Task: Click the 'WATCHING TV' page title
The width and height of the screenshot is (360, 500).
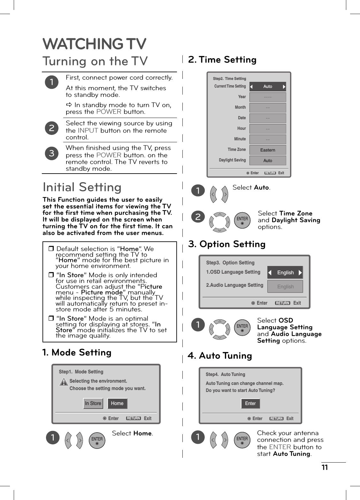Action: click(x=94, y=44)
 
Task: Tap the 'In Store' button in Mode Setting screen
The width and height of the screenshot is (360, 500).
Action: click(x=93, y=403)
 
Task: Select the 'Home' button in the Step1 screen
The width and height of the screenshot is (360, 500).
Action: click(x=117, y=403)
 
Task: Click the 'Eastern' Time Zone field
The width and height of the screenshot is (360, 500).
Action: click(x=267, y=150)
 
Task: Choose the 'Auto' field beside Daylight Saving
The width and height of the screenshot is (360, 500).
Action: click(x=267, y=160)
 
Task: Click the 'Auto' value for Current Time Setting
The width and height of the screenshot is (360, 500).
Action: click(x=267, y=87)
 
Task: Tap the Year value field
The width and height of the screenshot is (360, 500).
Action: click(x=267, y=97)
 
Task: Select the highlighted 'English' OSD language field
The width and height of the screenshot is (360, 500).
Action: click(x=285, y=272)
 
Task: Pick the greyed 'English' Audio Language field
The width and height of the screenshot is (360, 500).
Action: click(x=285, y=286)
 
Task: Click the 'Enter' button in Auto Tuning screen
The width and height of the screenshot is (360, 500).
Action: click(x=250, y=403)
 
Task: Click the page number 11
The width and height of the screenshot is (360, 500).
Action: click(x=325, y=468)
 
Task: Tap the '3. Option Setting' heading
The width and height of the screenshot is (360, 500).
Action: click(x=227, y=244)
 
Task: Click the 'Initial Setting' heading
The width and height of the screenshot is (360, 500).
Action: click(x=82, y=187)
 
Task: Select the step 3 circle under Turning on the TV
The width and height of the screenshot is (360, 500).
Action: click(x=52, y=153)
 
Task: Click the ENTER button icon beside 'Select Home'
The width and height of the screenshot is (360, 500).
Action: click(x=97, y=440)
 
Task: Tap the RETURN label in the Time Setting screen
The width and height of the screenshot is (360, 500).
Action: click(x=270, y=173)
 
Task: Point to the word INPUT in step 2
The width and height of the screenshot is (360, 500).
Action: click(x=88, y=130)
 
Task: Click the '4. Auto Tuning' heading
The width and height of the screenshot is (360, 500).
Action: click(x=220, y=356)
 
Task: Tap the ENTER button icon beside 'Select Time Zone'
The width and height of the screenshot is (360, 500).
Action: click(x=242, y=220)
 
